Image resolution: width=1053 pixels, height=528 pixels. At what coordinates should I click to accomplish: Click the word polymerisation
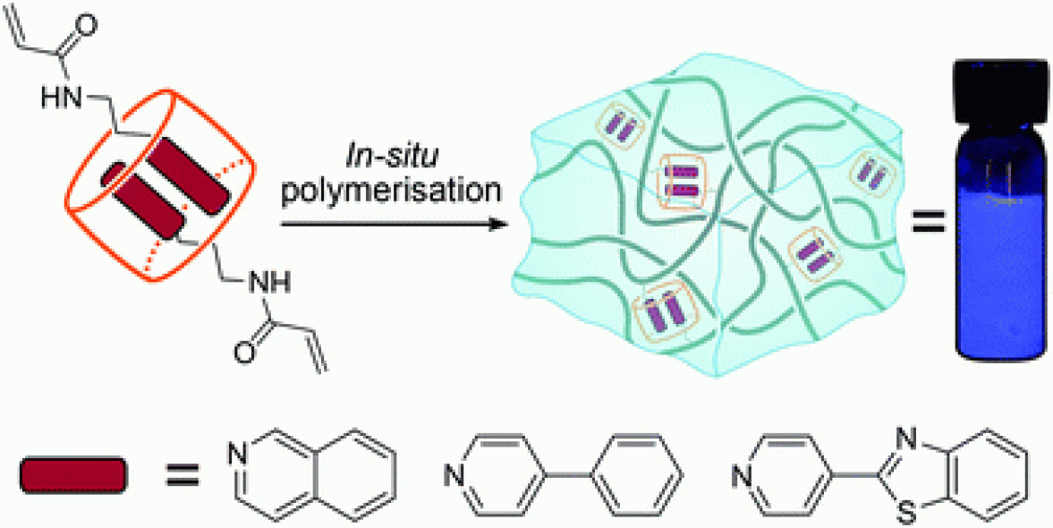387,191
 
